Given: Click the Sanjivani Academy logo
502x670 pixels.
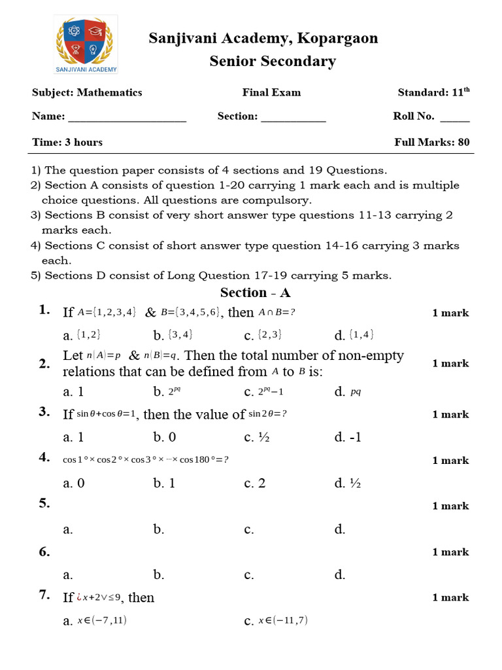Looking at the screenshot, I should [86, 45].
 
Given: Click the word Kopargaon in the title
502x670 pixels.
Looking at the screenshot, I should [337, 38].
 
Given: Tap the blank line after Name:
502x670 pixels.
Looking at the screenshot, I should [127, 118].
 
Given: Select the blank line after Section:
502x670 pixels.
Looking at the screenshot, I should [293, 118].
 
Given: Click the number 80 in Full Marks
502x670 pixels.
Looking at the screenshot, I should [463, 142].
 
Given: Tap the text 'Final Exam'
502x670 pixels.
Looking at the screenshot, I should [271, 92].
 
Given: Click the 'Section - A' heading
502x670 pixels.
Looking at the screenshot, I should [255, 292].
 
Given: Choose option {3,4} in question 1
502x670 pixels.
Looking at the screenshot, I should [180, 335].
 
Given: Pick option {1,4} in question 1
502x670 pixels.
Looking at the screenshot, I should [361, 335].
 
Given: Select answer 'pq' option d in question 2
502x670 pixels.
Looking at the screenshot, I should [356, 392].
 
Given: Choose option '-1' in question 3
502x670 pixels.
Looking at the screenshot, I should [355, 437].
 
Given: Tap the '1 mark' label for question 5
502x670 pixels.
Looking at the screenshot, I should [450, 506].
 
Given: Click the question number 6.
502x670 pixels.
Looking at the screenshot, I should [44, 552].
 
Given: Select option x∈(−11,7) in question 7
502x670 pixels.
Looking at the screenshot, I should [282, 620].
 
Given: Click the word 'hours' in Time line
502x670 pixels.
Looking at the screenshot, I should [89, 142].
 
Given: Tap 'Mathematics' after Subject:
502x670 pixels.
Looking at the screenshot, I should [109, 92].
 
